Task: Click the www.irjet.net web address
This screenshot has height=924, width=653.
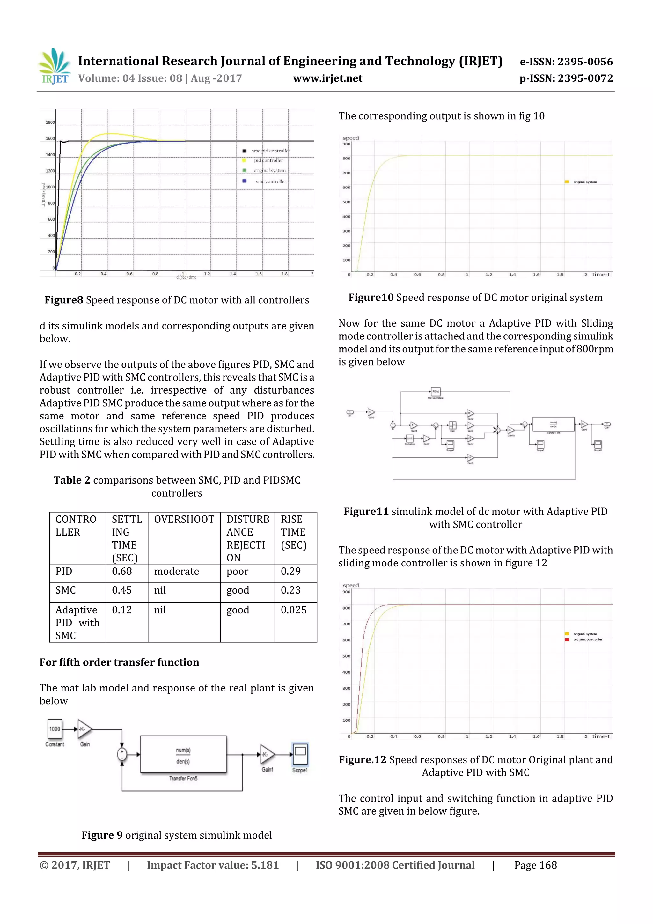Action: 327,78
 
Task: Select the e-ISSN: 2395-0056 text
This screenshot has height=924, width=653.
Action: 566,62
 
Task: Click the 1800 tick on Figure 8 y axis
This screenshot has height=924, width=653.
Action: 50,122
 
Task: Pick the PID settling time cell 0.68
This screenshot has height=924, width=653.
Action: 122,572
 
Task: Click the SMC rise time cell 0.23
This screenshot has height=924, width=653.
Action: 290,590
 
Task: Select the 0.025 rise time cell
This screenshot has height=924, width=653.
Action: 293,610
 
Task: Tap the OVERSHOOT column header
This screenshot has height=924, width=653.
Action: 184,520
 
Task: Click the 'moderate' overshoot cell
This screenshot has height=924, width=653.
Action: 176,572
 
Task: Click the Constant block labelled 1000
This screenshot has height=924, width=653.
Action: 55,729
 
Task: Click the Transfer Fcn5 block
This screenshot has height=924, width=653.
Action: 183,755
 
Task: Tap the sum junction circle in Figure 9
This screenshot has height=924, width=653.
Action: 122,754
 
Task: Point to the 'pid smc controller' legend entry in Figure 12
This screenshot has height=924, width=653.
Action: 587,639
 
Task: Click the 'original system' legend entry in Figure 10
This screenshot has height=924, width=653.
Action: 584,182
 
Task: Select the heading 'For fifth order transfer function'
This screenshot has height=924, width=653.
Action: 119,662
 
